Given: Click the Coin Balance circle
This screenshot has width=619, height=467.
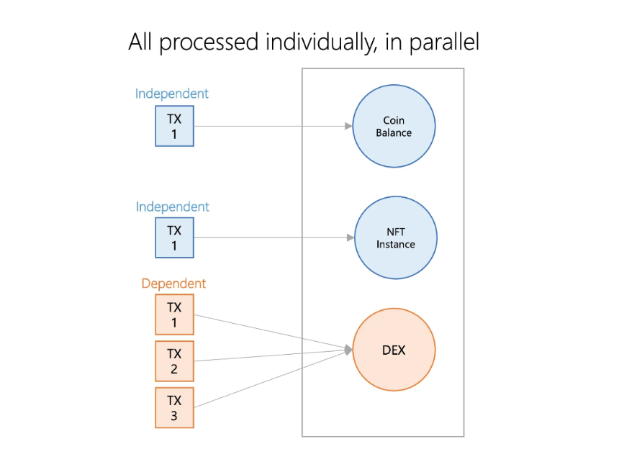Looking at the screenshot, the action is [394, 127].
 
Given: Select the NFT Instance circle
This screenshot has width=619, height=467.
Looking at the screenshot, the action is [396, 237].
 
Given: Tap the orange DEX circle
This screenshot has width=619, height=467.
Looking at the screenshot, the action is [394, 350].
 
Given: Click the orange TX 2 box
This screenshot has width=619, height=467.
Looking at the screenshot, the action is [174, 361].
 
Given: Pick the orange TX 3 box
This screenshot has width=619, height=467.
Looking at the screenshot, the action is [174, 408].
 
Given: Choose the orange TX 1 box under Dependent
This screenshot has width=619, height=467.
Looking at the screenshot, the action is [174, 314].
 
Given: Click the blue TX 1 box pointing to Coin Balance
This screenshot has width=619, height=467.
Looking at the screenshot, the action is [174, 126].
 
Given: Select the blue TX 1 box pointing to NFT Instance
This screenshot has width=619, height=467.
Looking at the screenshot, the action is [174, 237].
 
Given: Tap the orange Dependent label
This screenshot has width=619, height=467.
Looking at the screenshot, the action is [173, 284].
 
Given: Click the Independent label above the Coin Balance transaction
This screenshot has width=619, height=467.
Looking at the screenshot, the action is [172, 94].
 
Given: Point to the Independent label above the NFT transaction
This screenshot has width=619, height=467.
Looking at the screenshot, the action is [173, 207].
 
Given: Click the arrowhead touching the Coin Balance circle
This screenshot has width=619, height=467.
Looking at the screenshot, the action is [348, 127].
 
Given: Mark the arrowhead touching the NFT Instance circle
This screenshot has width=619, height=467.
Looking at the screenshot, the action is [351, 237].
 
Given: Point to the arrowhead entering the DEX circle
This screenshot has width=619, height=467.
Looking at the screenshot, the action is [348, 350].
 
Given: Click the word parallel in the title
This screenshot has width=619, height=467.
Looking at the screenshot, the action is [445, 42].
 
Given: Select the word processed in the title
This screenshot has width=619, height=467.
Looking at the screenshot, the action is [209, 42].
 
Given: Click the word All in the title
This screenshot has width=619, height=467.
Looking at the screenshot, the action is [140, 42].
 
